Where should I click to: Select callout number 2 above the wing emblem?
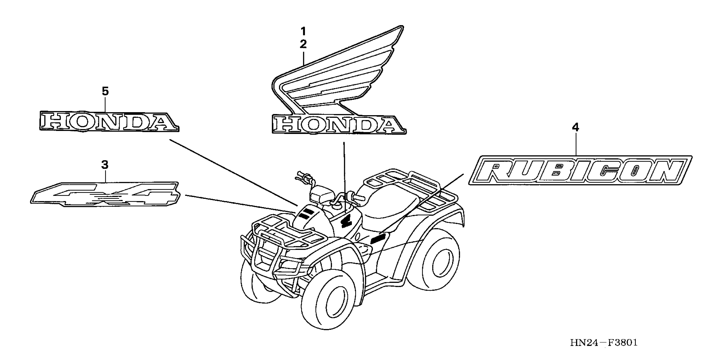tap(303, 44)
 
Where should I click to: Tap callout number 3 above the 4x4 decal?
tap(105, 165)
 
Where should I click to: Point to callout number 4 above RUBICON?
tap(575, 127)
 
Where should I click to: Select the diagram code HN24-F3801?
tap(604, 342)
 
